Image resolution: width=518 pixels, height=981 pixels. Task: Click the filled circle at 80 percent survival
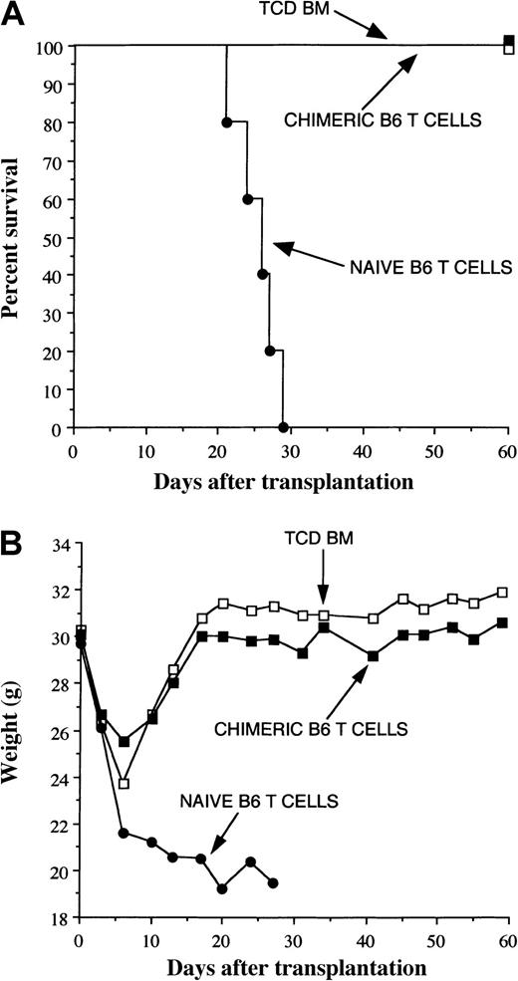pyautogui.click(x=227, y=123)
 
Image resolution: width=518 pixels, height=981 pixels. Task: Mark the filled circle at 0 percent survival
pyautogui.click(x=283, y=427)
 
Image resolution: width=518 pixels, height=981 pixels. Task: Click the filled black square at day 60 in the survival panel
pyautogui.click(x=509, y=40)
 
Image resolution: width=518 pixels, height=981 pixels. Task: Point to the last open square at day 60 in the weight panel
pyautogui.click(x=502, y=592)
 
